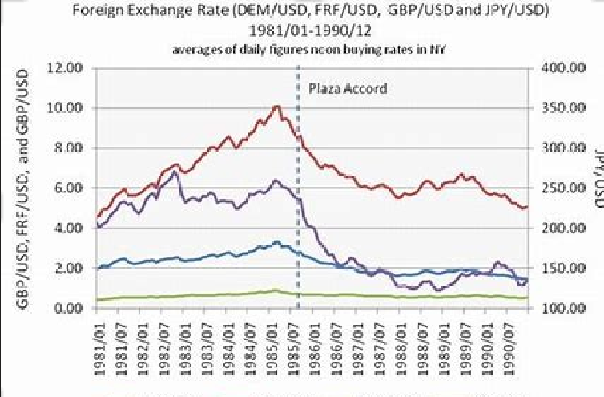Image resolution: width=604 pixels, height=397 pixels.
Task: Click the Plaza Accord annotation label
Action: (x=348, y=88)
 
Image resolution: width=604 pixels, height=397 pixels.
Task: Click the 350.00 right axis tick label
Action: (x=558, y=107)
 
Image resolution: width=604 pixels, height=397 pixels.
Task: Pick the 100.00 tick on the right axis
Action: (x=558, y=308)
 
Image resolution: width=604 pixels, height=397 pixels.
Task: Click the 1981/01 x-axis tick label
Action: (x=98, y=340)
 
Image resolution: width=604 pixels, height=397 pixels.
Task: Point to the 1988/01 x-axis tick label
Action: (x=401, y=340)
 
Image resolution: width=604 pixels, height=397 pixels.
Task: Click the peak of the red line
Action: (x=276, y=106)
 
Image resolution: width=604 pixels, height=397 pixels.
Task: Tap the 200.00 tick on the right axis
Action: (x=558, y=228)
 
